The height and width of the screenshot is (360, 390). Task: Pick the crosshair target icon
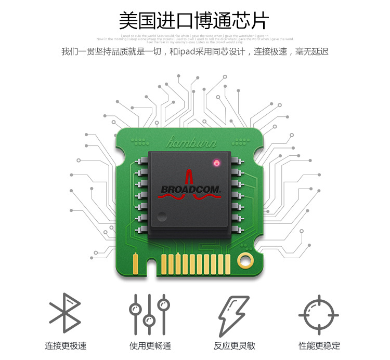(x=318, y=314)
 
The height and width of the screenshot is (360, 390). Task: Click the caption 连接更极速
(x=65, y=345)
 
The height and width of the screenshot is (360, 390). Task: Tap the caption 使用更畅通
(x=150, y=345)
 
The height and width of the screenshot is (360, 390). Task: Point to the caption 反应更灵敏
(x=234, y=345)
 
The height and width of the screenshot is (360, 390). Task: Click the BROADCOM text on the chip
(x=191, y=190)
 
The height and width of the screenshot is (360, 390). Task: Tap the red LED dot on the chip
(x=216, y=164)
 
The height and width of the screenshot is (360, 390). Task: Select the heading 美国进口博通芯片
(x=194, y=21)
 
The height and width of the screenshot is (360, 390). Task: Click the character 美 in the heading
(x=127, y=21)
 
